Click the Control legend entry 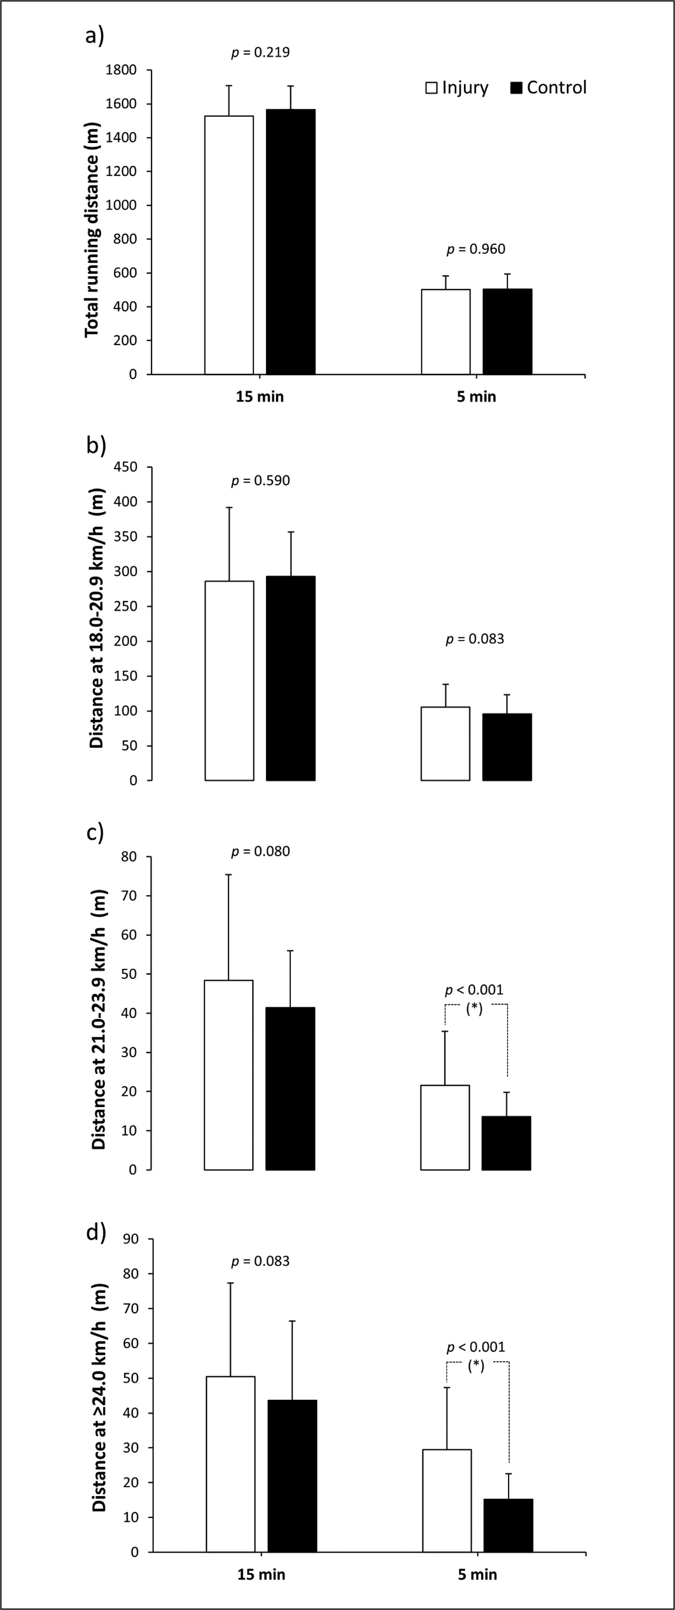coord(549,88)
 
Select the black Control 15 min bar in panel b coord(291,678)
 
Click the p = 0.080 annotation coord(260,851)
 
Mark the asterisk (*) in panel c coord(474,1008)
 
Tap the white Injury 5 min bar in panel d coord(447,1500)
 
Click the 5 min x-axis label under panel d coord(477,1574)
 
